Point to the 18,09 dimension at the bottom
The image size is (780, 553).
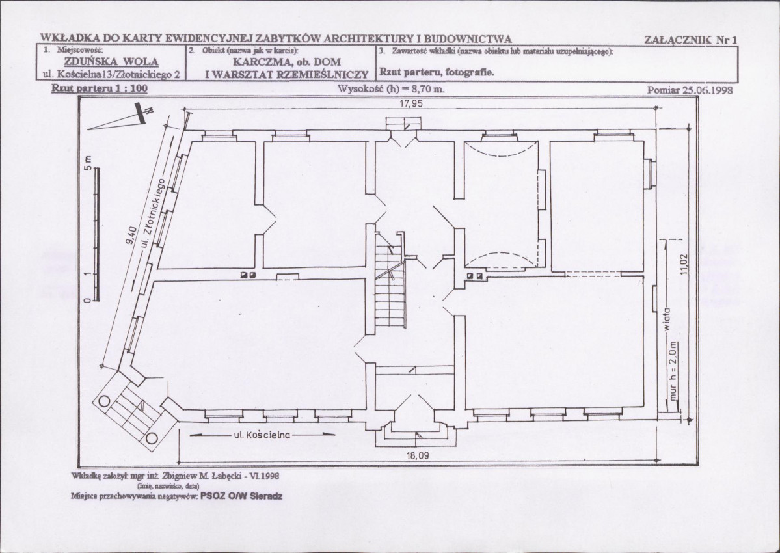click(418, 455)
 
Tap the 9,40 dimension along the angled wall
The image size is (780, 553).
click(131, 236)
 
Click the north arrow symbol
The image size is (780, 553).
click(120, 118)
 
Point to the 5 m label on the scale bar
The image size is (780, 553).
click(88, 163)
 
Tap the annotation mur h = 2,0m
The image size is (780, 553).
click(673, 371)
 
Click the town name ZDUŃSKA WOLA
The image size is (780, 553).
click(111, 62)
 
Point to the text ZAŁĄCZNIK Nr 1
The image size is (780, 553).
click(690, 40)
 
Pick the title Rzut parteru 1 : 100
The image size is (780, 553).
click(100, 88)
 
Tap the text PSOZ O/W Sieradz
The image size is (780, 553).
click(241, 496)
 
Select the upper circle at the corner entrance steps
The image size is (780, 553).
click(105, 401)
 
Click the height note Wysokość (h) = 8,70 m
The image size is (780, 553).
click(391, 89)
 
